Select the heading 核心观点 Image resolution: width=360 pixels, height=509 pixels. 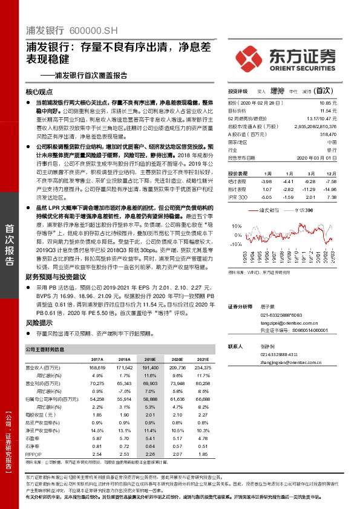click(40, 92)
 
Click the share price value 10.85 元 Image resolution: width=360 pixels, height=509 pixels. click(344, 104)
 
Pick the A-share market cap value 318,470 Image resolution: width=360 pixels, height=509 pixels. click(343, 135)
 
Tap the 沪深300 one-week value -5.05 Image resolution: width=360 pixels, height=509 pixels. click(265, 197)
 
